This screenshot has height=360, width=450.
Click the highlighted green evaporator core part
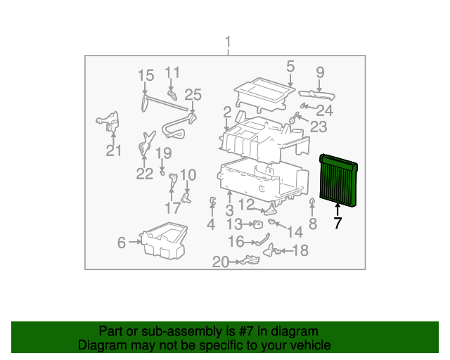click(338, 181)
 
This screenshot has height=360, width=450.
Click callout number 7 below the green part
click(337, 224)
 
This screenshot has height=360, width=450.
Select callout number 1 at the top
click(228, 44)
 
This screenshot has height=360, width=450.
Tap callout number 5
click(290, 67)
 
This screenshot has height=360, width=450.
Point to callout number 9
click(320, 72)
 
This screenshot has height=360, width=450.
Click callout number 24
click(324, 110)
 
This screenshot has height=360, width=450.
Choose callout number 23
click(319, 127)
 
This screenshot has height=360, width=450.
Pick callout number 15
click(146, 75)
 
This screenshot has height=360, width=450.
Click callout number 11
click(172, 72)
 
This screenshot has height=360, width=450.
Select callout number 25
click(193, 95)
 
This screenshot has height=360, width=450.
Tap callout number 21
click(114, 150)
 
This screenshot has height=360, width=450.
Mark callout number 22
click(144, 174)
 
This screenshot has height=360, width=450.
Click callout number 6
click(122, 243)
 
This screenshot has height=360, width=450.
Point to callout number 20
click(221, 262)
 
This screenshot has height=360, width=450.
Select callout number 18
click(300, 250)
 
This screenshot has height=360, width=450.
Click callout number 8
click(313, 224)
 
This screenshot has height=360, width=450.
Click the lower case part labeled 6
click(166, 239)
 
